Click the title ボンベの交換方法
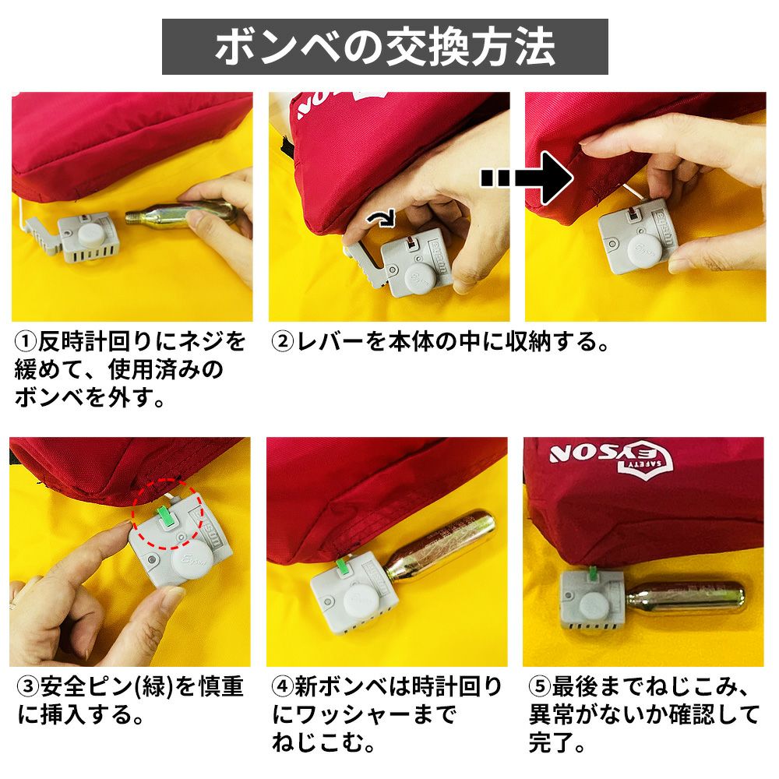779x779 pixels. pyautogui.click(x=385, y=48)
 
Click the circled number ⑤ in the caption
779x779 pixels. pyautogui.click(x=540, y=686)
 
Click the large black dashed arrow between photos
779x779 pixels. pyautogui.click(x=527, y=178)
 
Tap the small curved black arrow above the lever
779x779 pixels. pyautogui.click(x=381, y=217)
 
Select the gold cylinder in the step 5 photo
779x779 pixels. pyautogui.click(x=686, y=597)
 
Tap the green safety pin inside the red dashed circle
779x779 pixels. pyautogui.click(x=165, y=516)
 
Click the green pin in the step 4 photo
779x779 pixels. pyautogui.click(x=343, y=566)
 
